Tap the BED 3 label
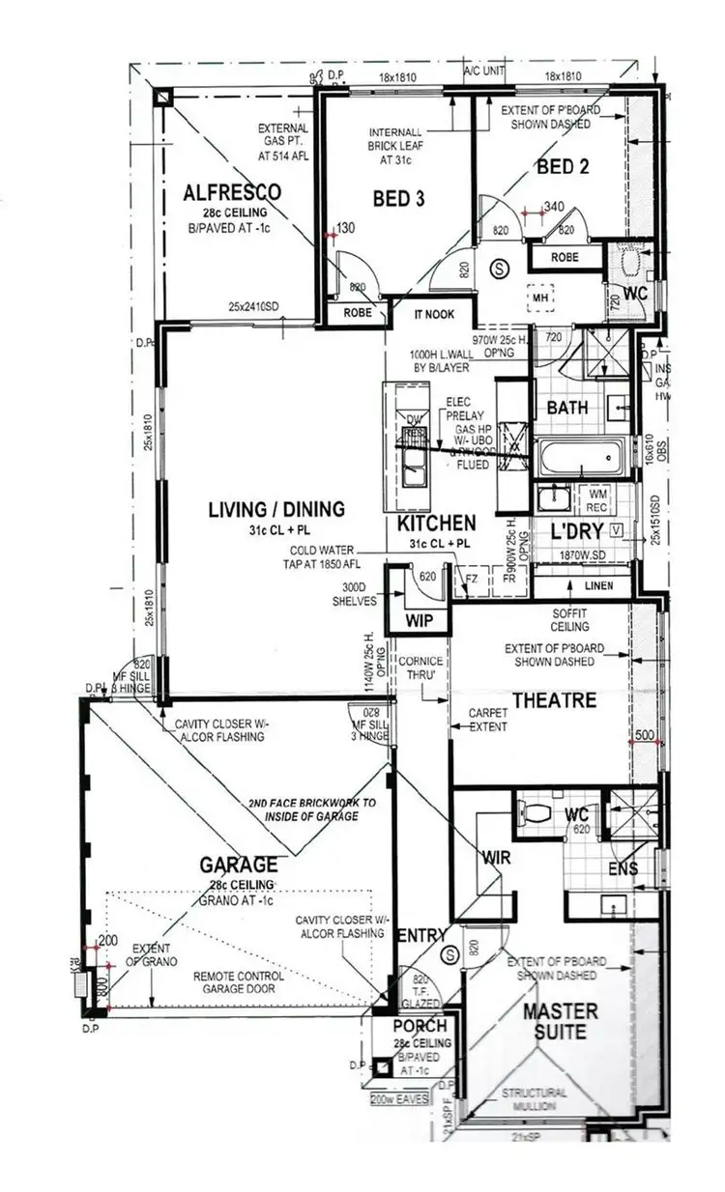pos(399,198)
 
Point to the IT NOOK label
pos(435,315)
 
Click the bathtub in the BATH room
pos(582,457)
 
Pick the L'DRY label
pos(578,531)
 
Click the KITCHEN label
pos(436,524)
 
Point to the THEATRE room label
pos(554,699)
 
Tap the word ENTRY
pos(422,935)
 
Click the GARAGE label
pos(239,865)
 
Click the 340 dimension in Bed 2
pos(553,206)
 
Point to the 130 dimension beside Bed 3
pos(345,228)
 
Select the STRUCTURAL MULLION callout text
pos(534,1098)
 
